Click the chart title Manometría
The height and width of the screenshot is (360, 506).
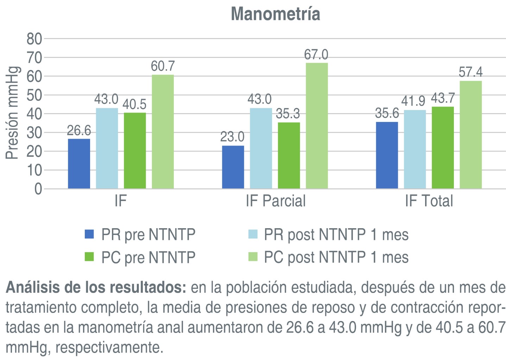pos(275,14)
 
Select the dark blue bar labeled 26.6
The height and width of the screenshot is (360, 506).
pos(79,164)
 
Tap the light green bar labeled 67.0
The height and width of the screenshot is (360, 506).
pos(317,126)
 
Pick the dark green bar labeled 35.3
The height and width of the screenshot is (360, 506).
pos(289,155)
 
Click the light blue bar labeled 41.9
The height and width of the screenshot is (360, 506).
pos(415,149)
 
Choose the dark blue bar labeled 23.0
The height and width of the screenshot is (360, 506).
pos(233,167)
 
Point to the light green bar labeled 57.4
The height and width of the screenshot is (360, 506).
pos(470,135)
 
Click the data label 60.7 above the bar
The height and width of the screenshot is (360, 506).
pos(163,66)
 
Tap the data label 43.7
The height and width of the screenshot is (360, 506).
pos(443,98)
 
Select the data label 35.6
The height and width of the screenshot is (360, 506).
pos(387,113)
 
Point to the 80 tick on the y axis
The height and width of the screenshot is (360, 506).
pos(34,39)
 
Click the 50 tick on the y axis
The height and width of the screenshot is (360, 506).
pos(34,95)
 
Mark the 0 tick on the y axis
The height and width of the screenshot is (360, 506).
pos(38,189)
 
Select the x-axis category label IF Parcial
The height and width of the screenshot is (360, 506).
pos(276,201)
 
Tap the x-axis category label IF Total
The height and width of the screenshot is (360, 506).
pos(429,201)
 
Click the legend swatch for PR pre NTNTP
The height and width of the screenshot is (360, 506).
pos(89,234)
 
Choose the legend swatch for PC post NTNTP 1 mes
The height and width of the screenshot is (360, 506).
pos(253,257)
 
